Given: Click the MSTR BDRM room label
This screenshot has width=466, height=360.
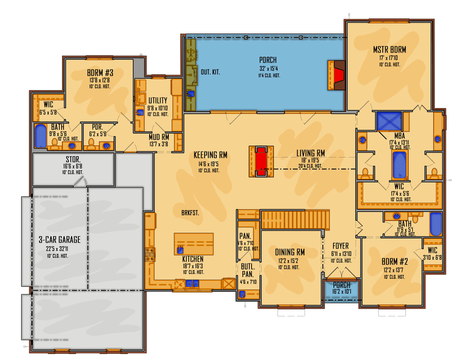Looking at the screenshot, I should pos(390,49).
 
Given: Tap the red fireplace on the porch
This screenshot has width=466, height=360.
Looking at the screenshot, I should pos(338,74).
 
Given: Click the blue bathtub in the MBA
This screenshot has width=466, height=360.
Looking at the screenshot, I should pos(399,165).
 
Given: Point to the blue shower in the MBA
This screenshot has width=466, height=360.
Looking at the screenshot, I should pos(389,121).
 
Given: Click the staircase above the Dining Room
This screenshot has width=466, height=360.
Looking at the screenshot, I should pos(295,220).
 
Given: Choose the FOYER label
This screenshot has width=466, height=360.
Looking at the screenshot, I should pos(341,246).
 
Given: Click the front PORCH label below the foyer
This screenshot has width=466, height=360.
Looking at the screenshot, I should pos(341,285).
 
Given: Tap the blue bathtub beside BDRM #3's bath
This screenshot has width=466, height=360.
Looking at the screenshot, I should pos(40,136).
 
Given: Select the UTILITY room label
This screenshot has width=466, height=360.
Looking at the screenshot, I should pos(158,100).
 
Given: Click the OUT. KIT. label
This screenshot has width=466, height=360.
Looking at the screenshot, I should pos(210,72).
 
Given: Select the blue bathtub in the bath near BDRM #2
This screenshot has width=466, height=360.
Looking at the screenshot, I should pos(435,224).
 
